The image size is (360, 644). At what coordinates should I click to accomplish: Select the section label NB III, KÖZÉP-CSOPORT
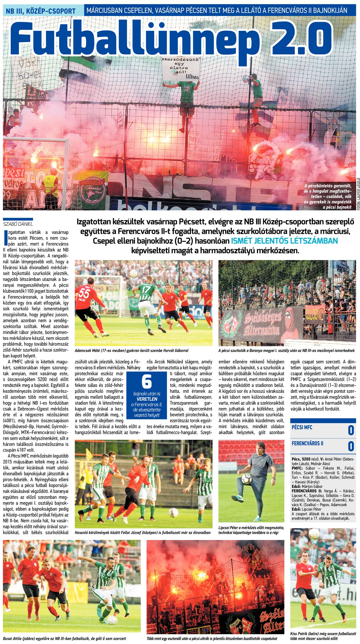click(x=41, y=11)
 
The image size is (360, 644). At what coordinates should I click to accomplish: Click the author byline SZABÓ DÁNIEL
click(x=18, y=224)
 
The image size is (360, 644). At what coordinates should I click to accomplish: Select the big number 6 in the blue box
click(x=146, y=381)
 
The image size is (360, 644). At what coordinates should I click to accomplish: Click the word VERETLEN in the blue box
click(x=147, y=399)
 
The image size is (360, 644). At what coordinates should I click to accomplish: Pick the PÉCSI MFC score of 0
click(x=351, y=430)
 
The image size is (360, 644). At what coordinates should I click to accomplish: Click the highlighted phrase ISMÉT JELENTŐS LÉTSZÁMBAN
click(x=284, y=241)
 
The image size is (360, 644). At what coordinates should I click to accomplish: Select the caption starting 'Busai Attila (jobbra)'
click(x=64, y=638)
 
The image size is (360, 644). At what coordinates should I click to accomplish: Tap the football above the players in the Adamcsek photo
click(x=133, y=273)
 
